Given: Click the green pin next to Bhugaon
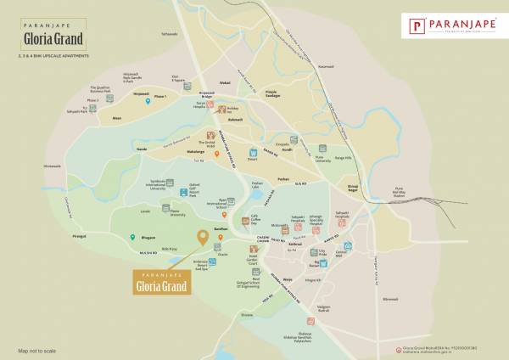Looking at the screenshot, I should coord(131,239).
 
